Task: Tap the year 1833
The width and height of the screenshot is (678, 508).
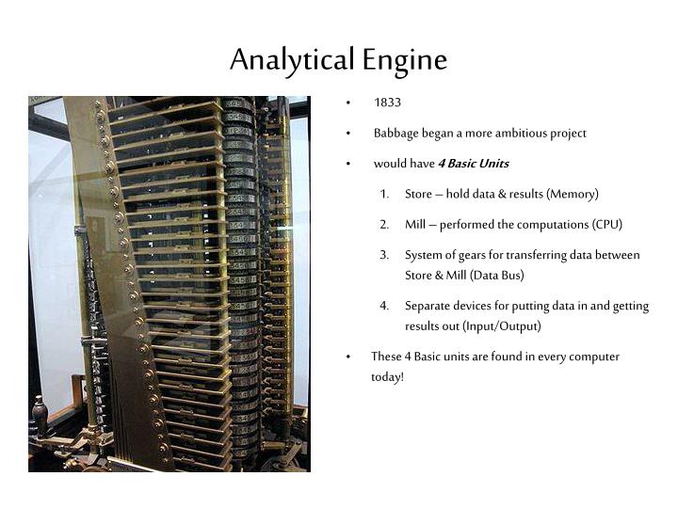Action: (387, 103)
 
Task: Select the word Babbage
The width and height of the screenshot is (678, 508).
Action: (396, 133)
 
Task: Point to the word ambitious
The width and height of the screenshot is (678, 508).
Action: (523, 133)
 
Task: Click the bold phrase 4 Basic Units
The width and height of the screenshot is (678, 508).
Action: (473, 164)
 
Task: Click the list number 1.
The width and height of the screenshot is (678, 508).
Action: (385, 194)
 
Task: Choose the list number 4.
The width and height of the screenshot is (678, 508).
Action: (385, 306)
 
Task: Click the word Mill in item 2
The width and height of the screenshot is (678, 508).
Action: (415, 224)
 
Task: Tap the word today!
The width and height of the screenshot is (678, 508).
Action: (387, 377)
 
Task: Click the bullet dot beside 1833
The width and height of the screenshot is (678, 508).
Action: (348, 103)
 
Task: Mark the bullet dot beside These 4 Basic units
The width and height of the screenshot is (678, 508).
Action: (348, 357)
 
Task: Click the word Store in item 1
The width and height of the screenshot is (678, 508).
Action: (419, 194)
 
